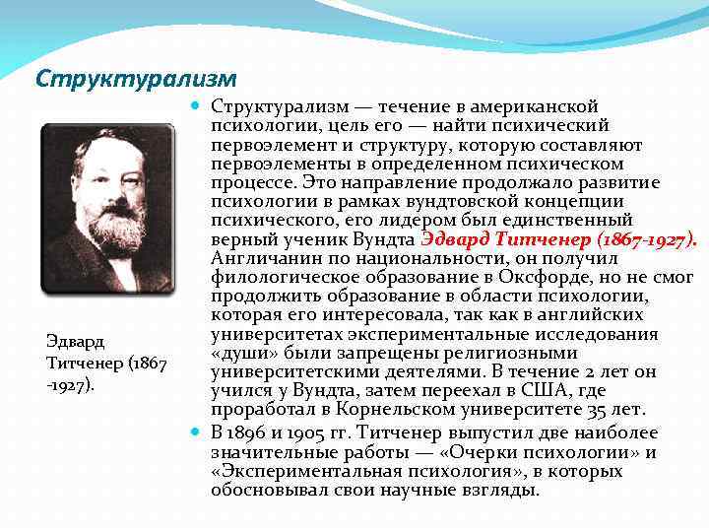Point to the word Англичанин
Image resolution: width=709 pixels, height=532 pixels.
click(x=260, y=258)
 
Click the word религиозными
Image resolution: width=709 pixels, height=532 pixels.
click(x=483, y=352)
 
